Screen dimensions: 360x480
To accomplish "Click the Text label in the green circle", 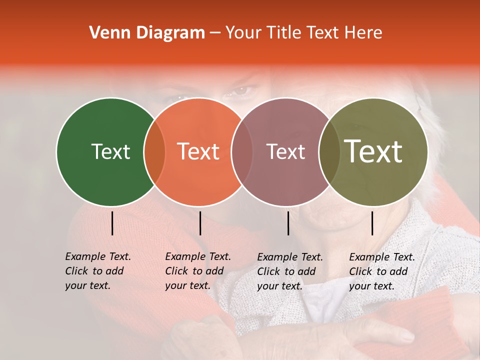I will (110, 151).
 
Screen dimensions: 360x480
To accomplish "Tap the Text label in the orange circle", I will (198, 151).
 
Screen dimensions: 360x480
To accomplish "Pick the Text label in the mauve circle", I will (286, 151).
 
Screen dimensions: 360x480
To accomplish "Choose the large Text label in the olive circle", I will (373, 151).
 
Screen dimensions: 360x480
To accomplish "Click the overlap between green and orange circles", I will (154, 152).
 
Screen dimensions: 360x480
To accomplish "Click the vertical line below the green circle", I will (112, 223).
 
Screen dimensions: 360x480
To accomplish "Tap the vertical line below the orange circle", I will (200, 223).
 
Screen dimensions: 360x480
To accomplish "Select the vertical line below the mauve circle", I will (288, 223).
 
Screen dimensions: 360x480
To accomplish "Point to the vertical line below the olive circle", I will (372, 223).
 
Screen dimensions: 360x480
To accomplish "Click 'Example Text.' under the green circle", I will (98, 256).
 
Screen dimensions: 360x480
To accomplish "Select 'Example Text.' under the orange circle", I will (198, 256).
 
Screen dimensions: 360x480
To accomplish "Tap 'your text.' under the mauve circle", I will (279, 286).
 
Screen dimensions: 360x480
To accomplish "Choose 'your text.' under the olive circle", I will (371, 286).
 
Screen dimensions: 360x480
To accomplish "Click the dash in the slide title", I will (215, 33).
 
